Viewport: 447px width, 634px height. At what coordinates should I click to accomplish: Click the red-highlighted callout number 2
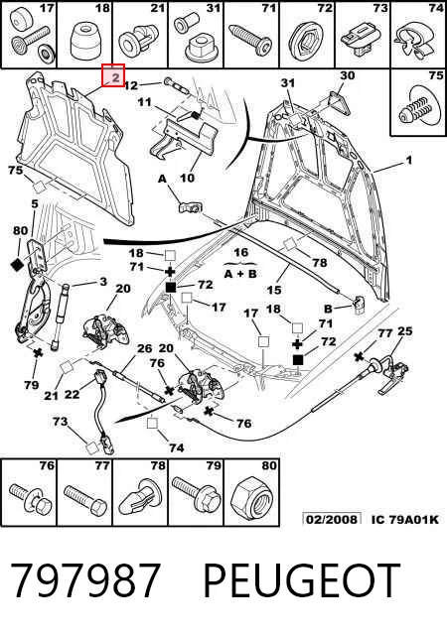point(115,76)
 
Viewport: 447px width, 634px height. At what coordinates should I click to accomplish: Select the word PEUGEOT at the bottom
point(302,580)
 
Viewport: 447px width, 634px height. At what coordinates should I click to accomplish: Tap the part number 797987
point(85,580)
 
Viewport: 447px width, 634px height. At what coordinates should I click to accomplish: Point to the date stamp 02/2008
point(332,519)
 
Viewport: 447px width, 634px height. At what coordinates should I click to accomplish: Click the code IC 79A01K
point(405,519)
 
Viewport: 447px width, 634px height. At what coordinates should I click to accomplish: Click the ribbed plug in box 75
point(417,107)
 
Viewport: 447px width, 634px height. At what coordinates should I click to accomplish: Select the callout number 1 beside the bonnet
point(409,160)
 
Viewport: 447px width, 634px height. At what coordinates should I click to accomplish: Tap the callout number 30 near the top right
point(348,75)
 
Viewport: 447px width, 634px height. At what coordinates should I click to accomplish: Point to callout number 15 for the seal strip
point(274,290)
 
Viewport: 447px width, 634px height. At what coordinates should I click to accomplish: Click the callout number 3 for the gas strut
point(103,282)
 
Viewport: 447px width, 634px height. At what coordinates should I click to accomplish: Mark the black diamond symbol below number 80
point(17,265)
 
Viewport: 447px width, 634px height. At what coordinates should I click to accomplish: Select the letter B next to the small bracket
point(328,309)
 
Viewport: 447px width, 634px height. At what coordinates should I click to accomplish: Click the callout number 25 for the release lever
point(405,331)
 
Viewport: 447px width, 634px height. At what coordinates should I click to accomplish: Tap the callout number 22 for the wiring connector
point(73,394)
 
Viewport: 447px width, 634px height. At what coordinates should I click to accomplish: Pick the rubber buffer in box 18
point(85,41)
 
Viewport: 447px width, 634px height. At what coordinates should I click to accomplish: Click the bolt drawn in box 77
point(85,497)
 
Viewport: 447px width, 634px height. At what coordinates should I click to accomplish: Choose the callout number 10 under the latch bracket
point(187,178)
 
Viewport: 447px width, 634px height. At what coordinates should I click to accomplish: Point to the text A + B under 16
point(240,274)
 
